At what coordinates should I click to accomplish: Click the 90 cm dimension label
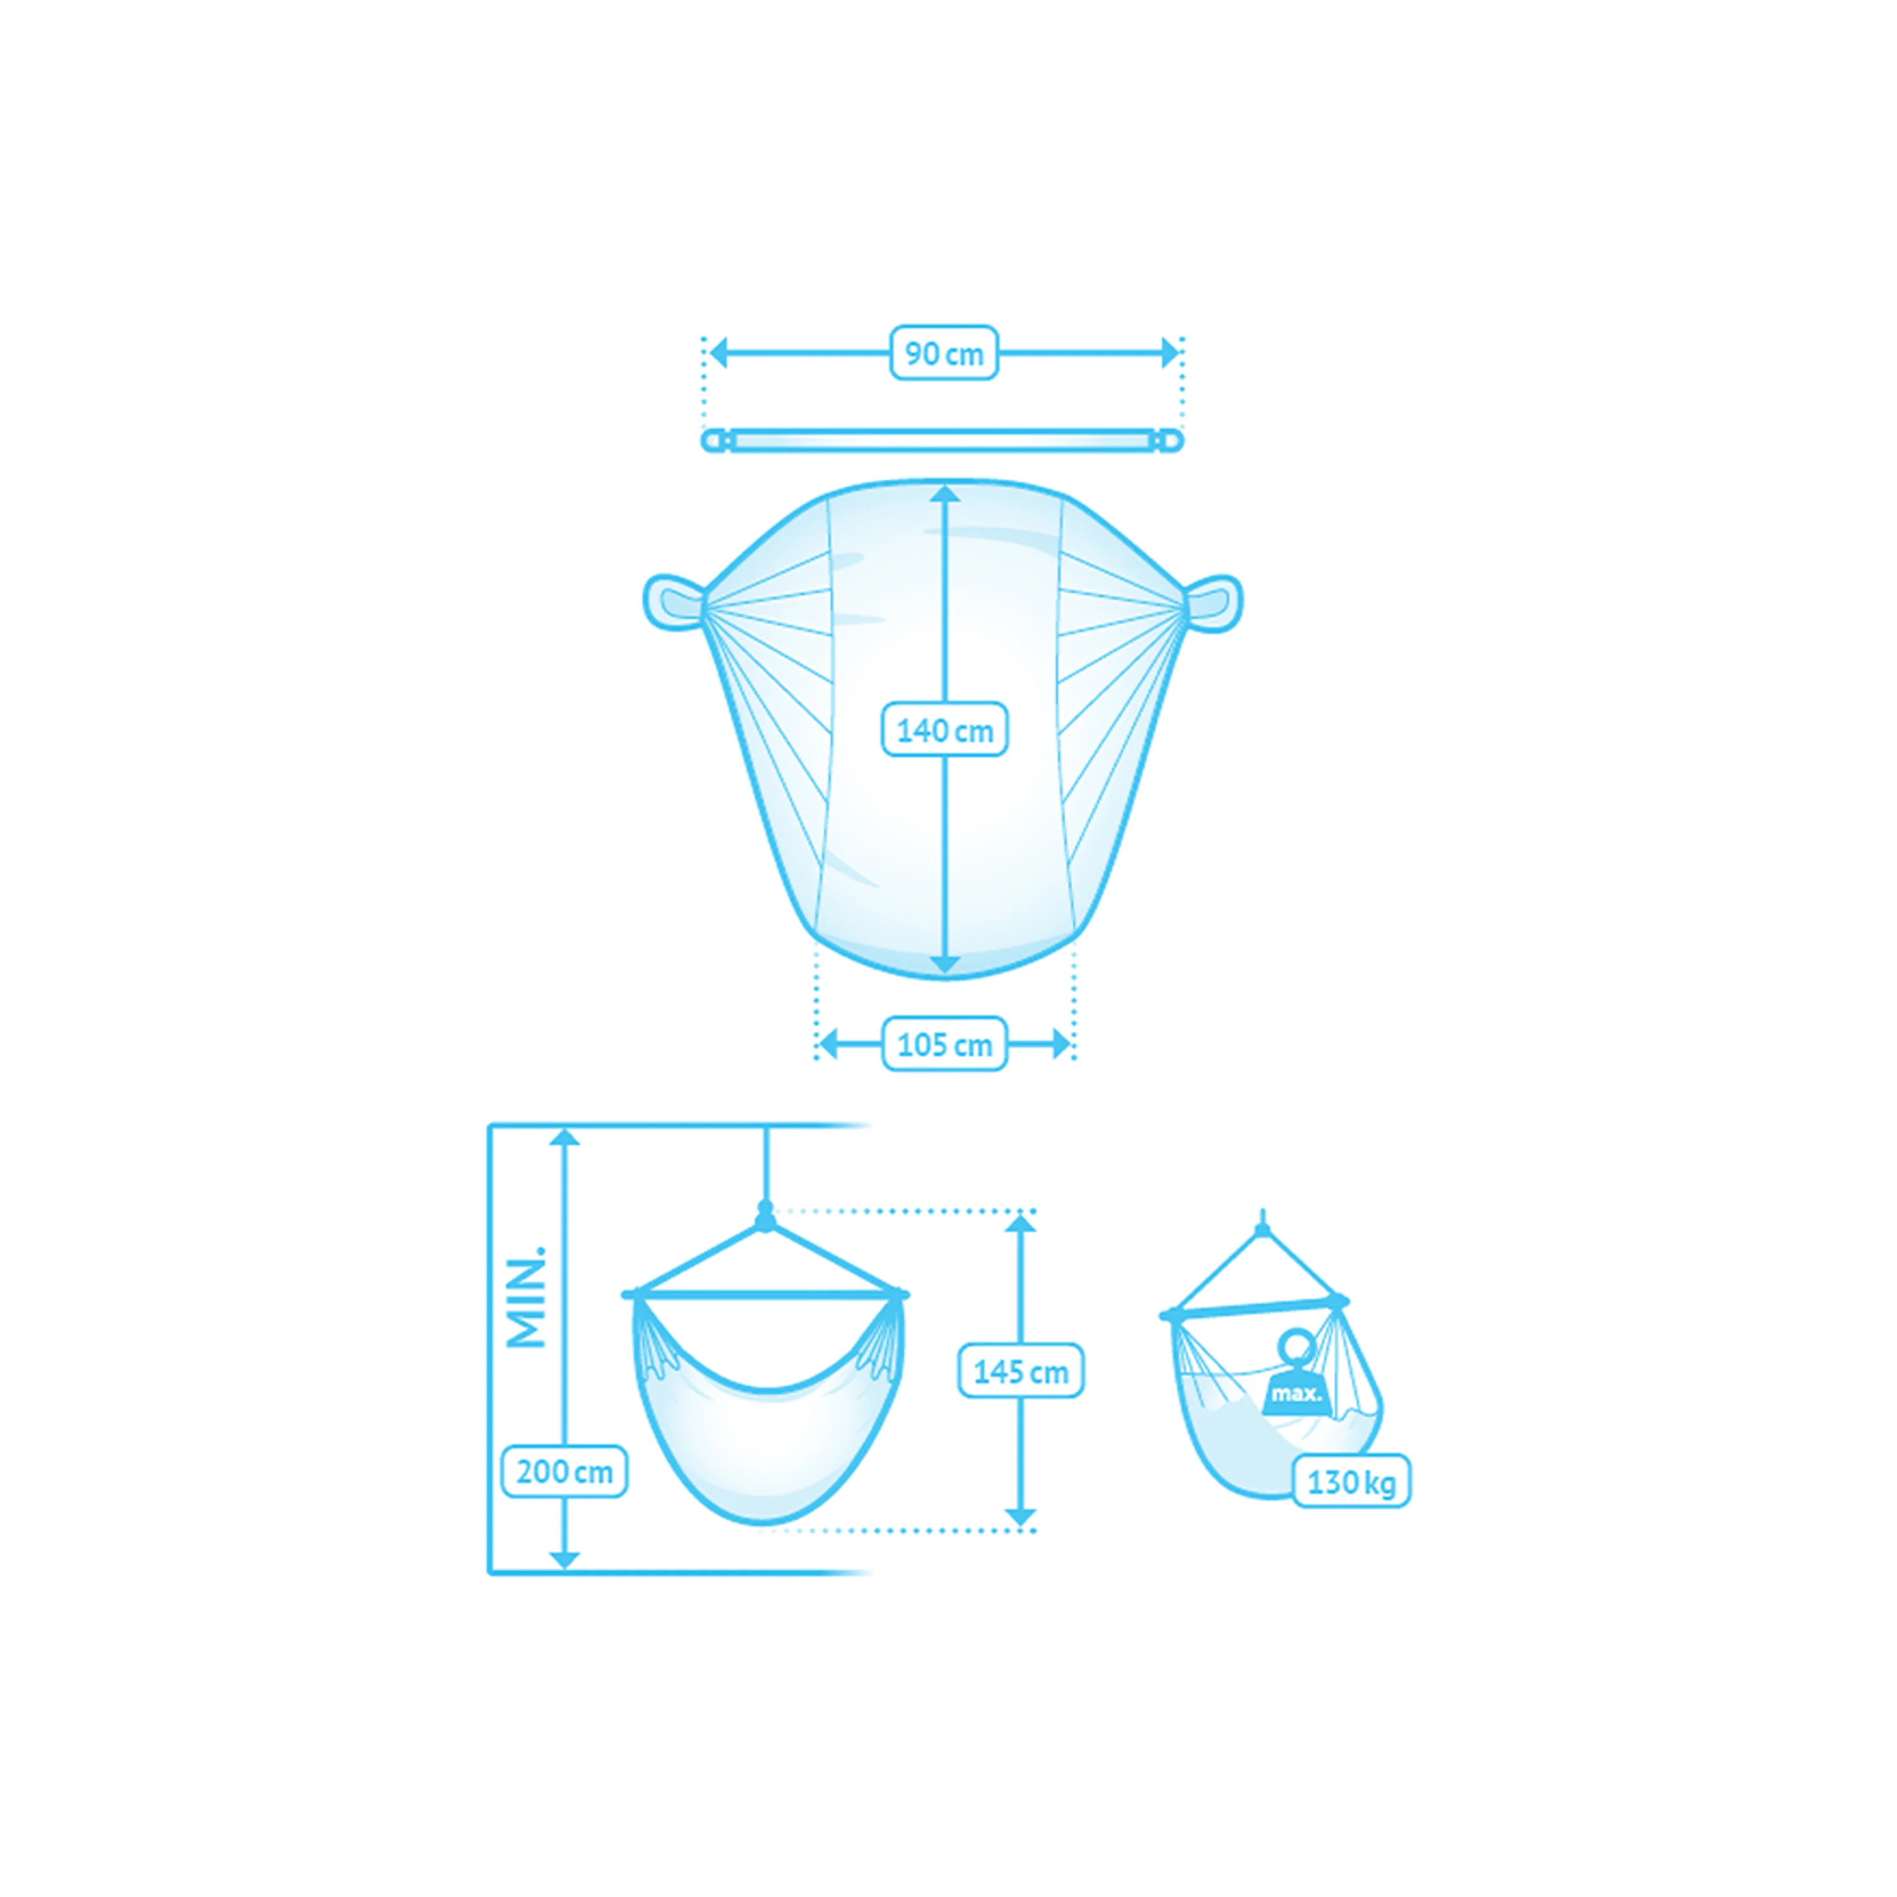943,352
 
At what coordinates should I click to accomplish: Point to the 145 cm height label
1020,1371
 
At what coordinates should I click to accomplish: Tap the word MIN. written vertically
525,1297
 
